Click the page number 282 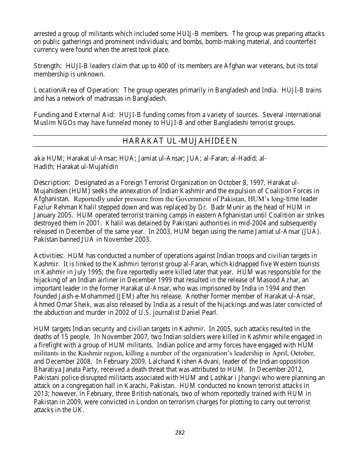click(180, 433)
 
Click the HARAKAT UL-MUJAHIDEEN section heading click(180, 141)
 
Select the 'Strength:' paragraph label click(48, 66)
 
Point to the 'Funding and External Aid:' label click(75, 115)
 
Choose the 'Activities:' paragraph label click(49, 256)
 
